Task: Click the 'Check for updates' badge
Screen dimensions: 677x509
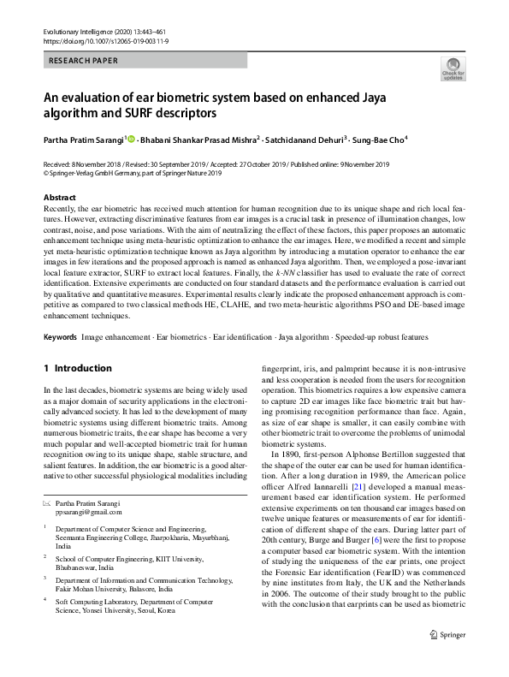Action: point(451,68)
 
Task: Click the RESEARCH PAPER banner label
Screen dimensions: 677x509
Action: point(84,61)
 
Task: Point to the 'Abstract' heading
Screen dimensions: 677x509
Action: point(59,198)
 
